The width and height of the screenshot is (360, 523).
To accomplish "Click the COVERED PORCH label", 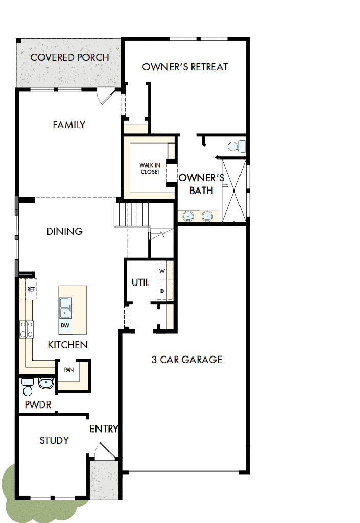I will tap(69, 57).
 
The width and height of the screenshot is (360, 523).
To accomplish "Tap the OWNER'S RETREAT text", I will tap(185, 67).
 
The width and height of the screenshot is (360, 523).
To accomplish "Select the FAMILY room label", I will tap(69, 125).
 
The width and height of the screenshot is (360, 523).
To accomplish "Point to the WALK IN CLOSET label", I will tap(150, 168).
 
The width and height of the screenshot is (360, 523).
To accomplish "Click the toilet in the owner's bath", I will tap(235, 147).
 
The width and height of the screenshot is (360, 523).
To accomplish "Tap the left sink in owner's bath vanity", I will tap(188, 216).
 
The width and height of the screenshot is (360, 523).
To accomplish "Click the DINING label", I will tap(65, 231).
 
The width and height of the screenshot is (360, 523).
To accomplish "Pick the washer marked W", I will tap(162, 271).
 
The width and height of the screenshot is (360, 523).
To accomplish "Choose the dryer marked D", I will tap(162, 291).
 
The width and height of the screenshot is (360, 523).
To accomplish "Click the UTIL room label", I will tap(140, 282).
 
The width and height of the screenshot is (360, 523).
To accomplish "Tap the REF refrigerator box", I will tap(31, 289).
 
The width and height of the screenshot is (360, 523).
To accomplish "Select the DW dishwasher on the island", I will tap(65, 325).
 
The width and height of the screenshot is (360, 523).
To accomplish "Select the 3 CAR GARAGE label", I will tap(187, 360).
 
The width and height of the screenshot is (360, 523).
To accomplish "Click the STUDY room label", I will tap(54, 440).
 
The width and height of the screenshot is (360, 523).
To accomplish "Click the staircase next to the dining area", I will tap(132, 215).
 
